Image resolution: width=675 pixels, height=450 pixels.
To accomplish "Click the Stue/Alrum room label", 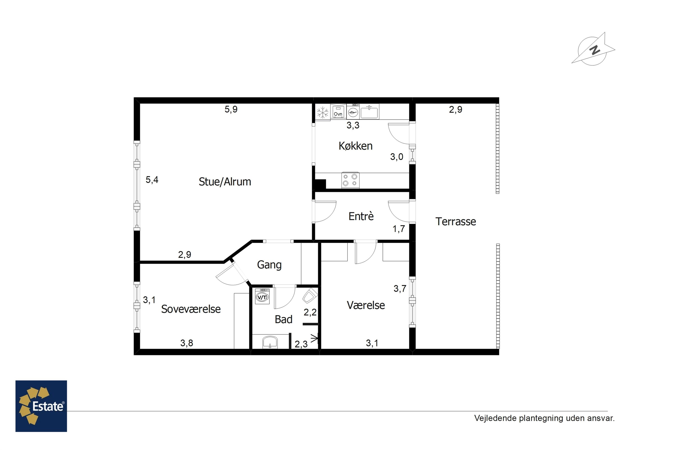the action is coord(225,182).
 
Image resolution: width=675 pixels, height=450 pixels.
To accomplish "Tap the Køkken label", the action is coord(355,146).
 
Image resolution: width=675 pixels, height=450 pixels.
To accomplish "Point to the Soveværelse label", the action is coord(191,309).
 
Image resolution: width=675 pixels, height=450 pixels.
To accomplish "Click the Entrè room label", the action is coord(361,216).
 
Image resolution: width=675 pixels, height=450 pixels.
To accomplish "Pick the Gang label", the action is coord(269,265).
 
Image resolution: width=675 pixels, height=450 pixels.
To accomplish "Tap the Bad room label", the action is coord(283,319).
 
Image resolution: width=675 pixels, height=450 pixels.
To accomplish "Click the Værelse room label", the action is coord(366,305).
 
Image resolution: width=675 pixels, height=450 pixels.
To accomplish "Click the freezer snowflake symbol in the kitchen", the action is coord(323,112).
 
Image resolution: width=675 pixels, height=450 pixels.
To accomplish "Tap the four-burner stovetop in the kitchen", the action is coord(350,180).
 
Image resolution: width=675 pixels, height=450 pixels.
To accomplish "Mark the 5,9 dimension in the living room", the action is coord(231,109).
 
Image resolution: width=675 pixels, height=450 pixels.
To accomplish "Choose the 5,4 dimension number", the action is coord(152,180).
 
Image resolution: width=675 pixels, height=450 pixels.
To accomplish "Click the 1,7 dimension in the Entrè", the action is coord(399,229).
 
